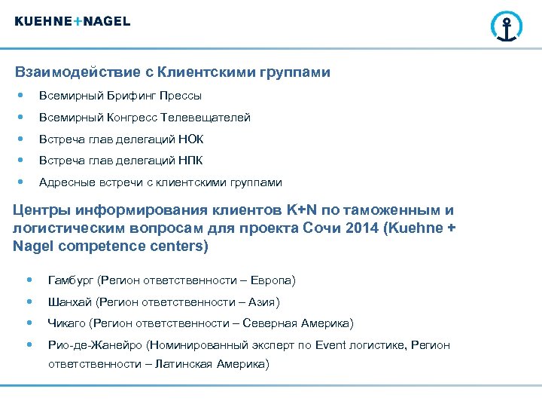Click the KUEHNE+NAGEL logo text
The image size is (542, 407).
pyautogui.click(x=72, y=21)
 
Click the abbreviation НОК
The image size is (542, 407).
pyautogui.click(x=191, y=139)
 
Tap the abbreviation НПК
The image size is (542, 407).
pyautogui.click(x=191, y=161)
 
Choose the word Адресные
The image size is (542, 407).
pyautogui.click(x=63, y=182)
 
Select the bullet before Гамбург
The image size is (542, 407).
pyautogui.click(x=29, y=280)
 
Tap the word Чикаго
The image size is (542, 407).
pyautogui.click(x=65, y=323)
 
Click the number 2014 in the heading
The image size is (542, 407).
pyautogui.click(x=361, y=228)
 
